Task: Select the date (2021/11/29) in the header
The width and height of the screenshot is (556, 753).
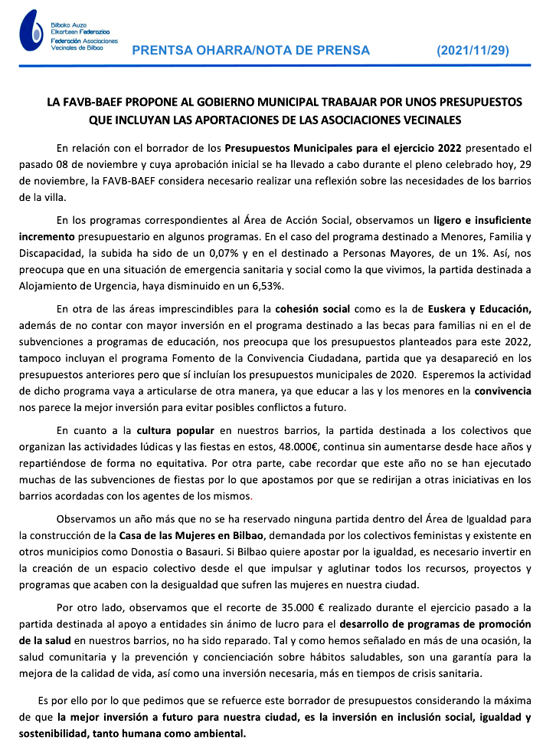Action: click(473, 51)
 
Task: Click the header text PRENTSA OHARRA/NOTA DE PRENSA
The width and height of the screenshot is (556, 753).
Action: click(251, 51)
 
